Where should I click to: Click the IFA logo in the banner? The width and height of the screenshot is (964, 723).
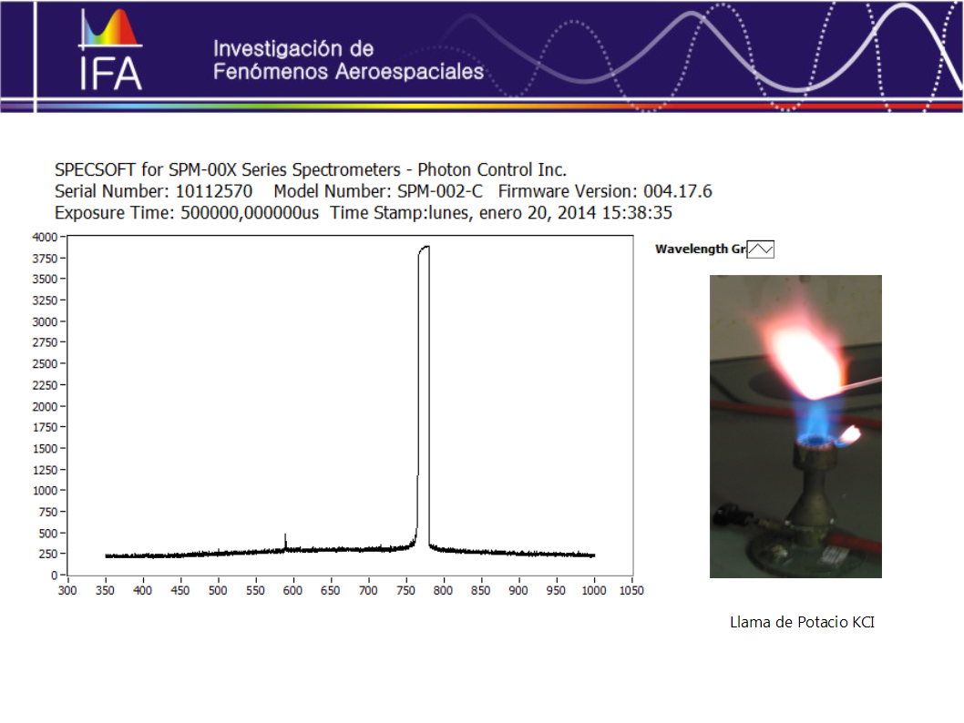[110, 49]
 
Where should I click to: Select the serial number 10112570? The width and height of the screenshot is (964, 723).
[214, 191]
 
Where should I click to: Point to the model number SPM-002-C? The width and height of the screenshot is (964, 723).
[439, 191]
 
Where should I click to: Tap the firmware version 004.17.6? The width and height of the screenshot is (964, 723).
[678, 191]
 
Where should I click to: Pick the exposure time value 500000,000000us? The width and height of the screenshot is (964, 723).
[250, 213]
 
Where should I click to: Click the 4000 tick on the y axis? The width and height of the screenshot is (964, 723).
[45, 237]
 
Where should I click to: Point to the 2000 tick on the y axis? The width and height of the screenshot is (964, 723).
[45, 407]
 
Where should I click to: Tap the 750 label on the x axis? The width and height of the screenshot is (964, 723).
[405, 590]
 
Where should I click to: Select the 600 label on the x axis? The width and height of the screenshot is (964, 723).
[292, 590]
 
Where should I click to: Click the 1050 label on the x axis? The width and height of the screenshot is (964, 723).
[631, 590]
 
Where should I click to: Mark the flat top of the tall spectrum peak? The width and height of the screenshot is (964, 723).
[425, 247]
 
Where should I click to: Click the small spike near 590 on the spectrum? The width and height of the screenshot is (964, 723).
[285, 541]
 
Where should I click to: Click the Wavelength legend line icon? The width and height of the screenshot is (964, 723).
[761, 249]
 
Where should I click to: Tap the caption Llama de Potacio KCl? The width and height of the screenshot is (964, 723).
[802, 622]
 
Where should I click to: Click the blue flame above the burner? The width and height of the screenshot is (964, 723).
[814, 422]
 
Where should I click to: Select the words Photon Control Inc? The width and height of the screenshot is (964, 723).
[492, 170]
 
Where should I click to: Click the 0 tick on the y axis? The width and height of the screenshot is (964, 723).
[54, 575]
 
